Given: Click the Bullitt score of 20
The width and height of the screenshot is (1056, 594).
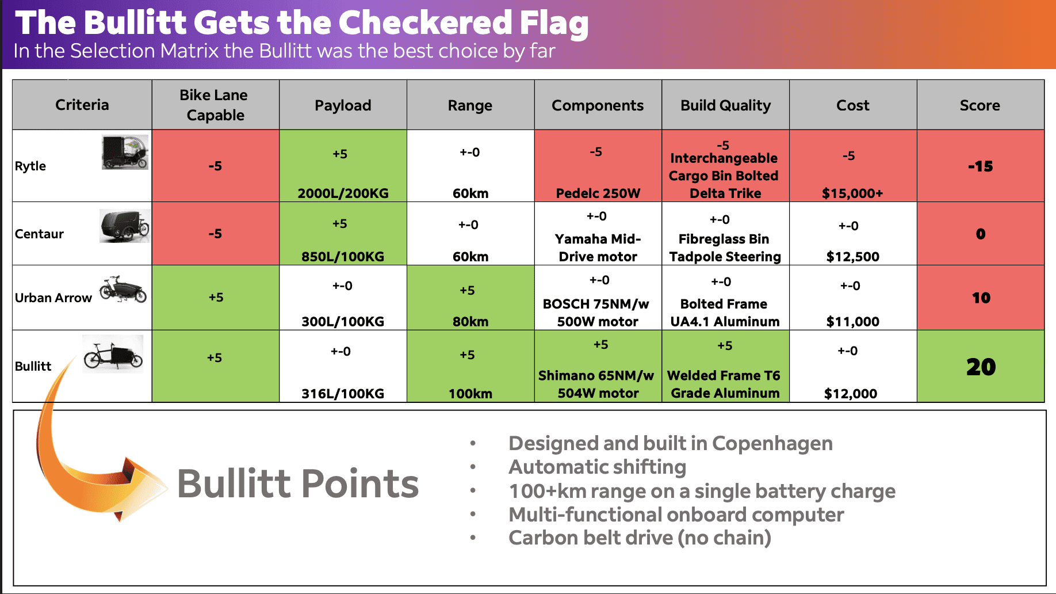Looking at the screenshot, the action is click(x=981, y=367).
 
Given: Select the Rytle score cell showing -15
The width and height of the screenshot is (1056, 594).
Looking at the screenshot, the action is click(x=981, y=166).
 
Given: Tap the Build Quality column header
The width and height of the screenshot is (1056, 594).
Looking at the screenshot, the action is click(x=725, y=105).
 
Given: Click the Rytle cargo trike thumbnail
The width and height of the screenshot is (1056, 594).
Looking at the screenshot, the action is click(x=125, y=152).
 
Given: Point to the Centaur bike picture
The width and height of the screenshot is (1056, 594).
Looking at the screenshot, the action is click(x=125, y=226).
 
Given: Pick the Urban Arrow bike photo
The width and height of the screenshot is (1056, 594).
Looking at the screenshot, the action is click(x=123, y=289).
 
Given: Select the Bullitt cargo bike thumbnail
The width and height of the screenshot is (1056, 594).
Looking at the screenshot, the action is click(x=113, y=354).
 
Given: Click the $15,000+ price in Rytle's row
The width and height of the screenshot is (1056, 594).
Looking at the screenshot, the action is click(x=852, y=193).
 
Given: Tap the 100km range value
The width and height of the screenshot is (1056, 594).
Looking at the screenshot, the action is click(x=470, y=394).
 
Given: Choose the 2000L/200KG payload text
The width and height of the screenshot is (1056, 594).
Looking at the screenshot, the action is click(x=343, y=193).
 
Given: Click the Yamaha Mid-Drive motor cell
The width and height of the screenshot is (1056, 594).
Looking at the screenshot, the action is click(x=598, y=247).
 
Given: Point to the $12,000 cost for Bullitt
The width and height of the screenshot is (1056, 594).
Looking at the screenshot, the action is click(x=851, y=394).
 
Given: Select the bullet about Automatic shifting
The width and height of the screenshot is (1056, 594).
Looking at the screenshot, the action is click(x=598, y=467).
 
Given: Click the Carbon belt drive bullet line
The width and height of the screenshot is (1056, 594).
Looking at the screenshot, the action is click(x=640, y=538).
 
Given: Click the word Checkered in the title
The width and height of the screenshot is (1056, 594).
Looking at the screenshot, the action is click(x=425, y=22).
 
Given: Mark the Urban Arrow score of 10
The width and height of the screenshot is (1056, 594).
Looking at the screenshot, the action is click(x=981, y=298).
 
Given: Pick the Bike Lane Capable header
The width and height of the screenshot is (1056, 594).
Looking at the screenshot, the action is click(x=215, y=105).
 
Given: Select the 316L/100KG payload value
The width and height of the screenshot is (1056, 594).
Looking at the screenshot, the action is click(x=343, y=394).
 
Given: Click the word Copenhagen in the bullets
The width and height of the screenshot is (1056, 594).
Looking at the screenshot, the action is click(x=772, y=444).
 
